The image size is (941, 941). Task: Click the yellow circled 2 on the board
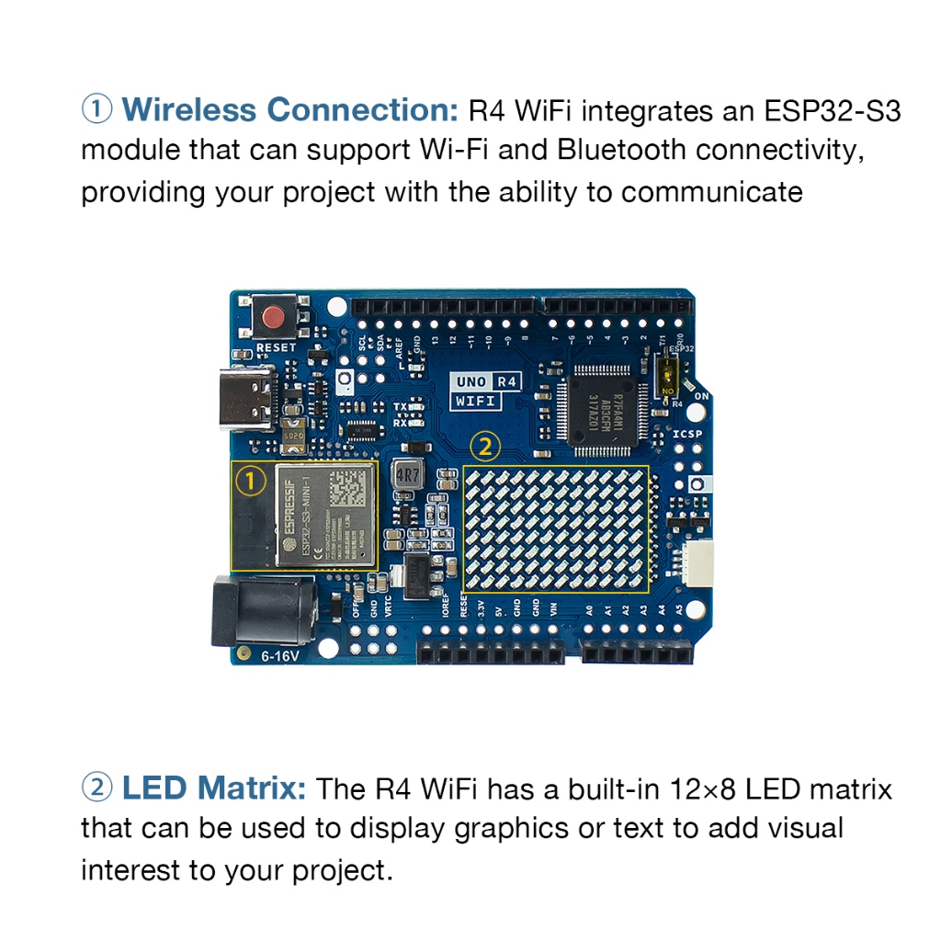(485, 448)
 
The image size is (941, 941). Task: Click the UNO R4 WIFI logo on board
(488, 391)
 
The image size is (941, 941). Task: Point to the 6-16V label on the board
(279, 656)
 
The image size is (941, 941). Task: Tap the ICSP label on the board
(687, 436)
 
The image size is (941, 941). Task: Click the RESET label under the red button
(276, 348)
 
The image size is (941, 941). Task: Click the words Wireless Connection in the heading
(289, 109)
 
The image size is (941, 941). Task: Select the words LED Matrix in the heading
(214, 788)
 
